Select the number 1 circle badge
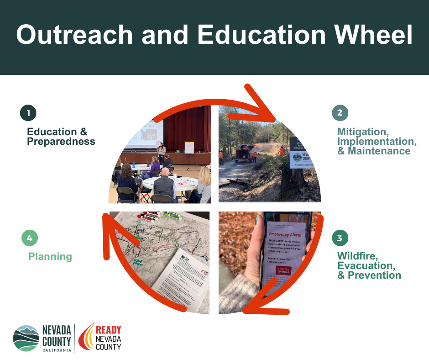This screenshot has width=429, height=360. pyautogui.click(x=28, y=113)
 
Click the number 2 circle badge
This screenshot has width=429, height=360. pyautogui.click(x=340, y=113)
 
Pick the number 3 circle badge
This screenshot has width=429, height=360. pyautogui.click(x=340, y=238)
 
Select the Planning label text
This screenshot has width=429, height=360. pyautogui.click(x=50, y=256)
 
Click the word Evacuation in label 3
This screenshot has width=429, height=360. pyautogui.click(x=366, y=265)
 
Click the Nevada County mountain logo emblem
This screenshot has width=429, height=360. pyautogui.click(x=26, y=338)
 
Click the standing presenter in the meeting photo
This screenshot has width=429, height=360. pyautogui.click(x=161, y=153)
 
